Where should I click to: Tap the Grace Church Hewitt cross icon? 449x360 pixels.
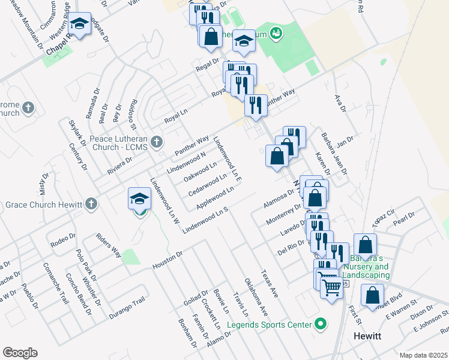coord(91,204)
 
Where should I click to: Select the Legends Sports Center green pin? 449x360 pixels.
coord(321,325)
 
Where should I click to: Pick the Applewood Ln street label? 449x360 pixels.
coord(215,198)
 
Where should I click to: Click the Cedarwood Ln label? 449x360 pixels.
coord(207,185)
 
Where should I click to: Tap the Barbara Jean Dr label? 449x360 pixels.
coord(334,154)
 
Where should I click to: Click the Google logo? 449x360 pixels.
coord(20,352)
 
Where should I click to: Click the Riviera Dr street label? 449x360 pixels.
coord(121,163)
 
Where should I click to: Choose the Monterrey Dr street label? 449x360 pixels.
coord(283,214)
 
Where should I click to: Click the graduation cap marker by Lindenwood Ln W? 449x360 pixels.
coord(139,198)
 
